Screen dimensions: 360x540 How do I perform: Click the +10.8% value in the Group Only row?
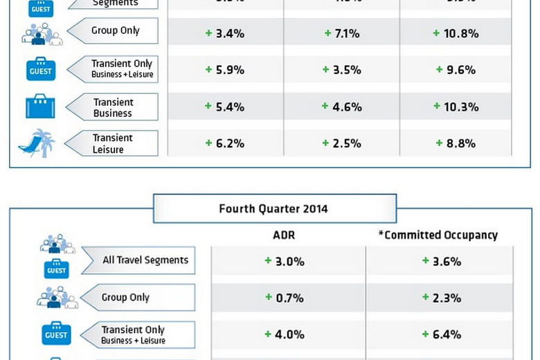point(456,33)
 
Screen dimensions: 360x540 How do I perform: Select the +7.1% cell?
point(342,33)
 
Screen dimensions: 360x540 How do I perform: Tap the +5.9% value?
point(224,69)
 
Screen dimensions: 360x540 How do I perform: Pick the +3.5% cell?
point(342,69)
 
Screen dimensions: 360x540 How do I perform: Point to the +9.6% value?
point(456,69)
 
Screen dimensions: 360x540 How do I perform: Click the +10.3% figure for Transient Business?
point(456,107)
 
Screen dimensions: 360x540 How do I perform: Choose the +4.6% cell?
point(342,107)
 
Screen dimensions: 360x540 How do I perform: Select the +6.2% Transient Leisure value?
point(224,143)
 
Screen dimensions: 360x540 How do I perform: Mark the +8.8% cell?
point(456,143)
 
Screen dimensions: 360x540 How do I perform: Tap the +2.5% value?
point(342,143)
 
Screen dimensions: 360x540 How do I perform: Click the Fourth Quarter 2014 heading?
point(273,208)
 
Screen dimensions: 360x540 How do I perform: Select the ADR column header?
point(284,235)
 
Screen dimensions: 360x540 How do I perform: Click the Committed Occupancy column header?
point(438,235)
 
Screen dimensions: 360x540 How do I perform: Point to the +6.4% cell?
point(442,334)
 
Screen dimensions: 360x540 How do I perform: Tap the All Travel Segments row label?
point(145,260)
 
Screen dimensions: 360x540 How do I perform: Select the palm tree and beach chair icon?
point(37,143)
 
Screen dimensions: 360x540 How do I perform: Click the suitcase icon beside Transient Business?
point(40,107)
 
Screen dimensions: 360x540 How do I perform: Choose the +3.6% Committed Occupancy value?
point(442,262)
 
